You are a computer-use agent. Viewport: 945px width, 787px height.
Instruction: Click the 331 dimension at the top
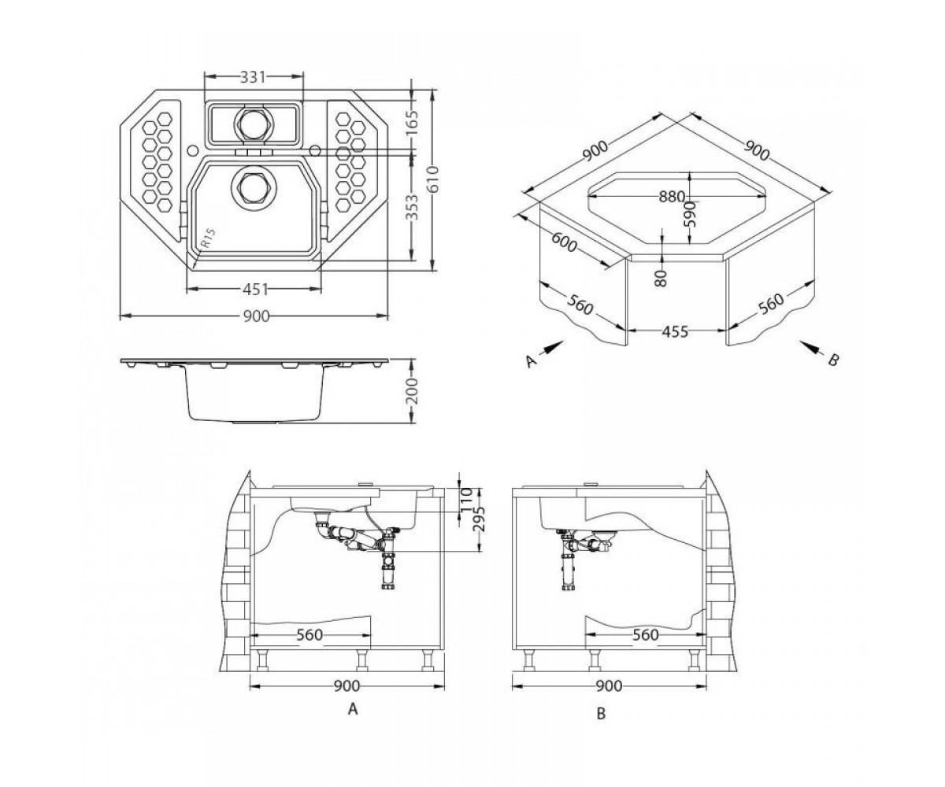click(x=253, y=77)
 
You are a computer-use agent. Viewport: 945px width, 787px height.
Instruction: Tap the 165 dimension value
click(x=411, y=122)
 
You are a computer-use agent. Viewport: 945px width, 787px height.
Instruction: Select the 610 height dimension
click(x=433, y=180)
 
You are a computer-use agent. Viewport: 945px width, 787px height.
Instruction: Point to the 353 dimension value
click(x=411, y=207)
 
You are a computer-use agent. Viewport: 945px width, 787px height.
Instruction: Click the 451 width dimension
click(x=255, y=290)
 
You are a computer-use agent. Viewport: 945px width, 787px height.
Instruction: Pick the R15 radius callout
click(x=207, y=238)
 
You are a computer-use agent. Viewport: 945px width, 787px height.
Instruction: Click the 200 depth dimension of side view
click(x=411, y=392)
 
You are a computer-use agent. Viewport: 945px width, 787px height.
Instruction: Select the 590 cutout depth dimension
click(x=689, y=214)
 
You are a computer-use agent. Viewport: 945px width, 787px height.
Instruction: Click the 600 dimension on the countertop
click(x=564, y=244)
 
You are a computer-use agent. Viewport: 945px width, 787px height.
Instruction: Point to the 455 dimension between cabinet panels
click(x=675, y=331)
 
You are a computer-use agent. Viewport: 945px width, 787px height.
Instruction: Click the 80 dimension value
click(x=661, y=278)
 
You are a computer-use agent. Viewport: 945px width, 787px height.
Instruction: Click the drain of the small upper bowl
click(x=253, y=123)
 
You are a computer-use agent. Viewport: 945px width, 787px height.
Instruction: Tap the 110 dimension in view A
click(x=467, y=499)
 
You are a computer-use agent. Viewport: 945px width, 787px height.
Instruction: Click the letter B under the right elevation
click(x=602, y=713)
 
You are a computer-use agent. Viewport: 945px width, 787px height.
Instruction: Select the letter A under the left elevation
click(x=353, y=709)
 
